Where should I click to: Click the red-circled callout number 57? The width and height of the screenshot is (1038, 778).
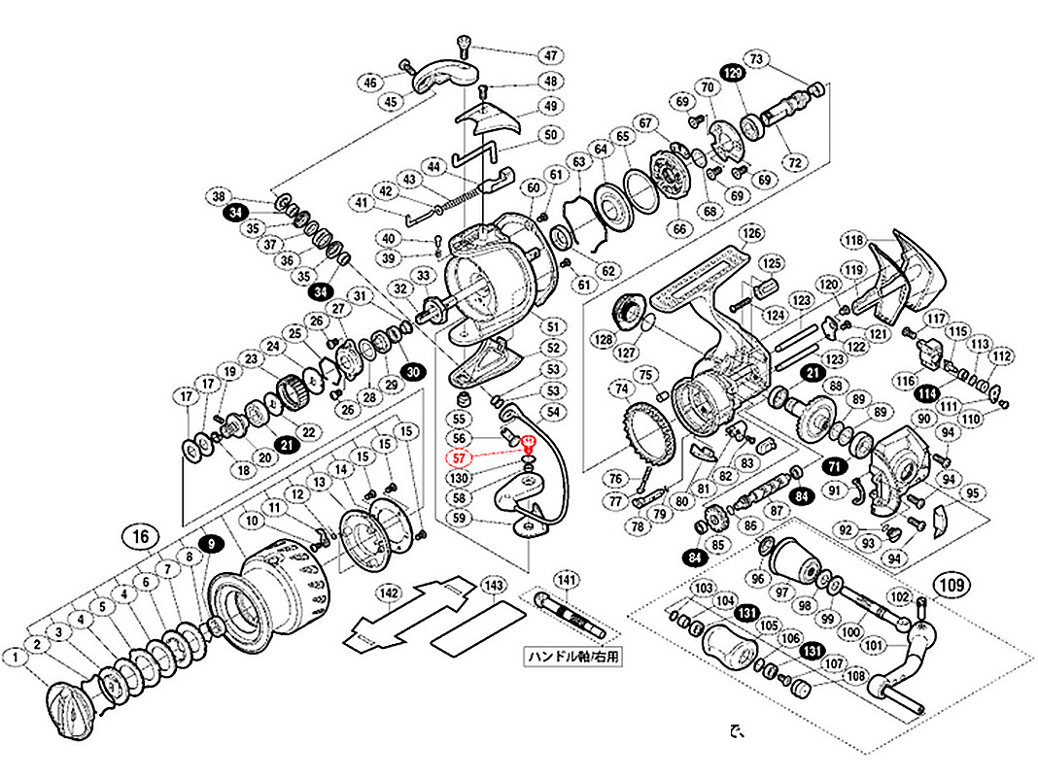[x=461, y=457]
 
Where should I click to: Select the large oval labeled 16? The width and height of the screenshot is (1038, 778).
[x=141, y=535]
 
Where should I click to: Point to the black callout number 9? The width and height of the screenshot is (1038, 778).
[x=209, y=545]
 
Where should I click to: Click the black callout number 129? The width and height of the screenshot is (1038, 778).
[x=733, y=73]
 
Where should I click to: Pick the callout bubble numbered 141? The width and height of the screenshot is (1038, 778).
[x=567, y=580]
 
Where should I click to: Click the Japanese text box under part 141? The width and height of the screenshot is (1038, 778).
[x=573, y=656]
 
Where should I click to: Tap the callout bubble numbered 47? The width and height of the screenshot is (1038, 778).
[x=552, y=54]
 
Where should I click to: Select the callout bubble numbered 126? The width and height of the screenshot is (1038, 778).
[x=750, y=233]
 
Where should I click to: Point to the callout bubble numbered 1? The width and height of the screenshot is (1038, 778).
[x=16, y=658]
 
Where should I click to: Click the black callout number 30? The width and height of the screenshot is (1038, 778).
[x=414, y=372]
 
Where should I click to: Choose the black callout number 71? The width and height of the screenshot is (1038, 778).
[x=834, y=466]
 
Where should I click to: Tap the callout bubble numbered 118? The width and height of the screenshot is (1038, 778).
[x=854, y=241]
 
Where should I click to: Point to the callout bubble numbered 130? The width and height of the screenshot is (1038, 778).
[x=461, y=477]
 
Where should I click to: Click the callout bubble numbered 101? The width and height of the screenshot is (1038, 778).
[x=874, y=644]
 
